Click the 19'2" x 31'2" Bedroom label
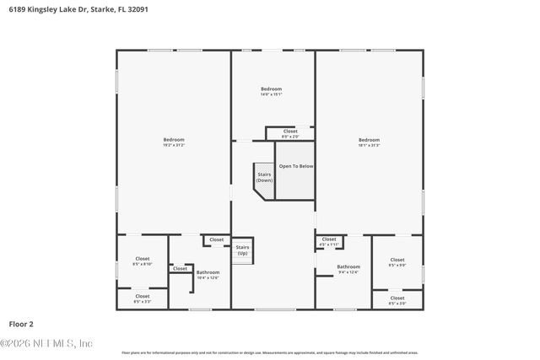(x=174, y=142)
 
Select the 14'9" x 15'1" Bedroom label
(x=271, y=91)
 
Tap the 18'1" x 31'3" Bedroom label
(x=369, y=142)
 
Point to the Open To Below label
(x=296, y=166)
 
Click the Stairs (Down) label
(x=264, y=178)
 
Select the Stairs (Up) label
(x=242, y=250)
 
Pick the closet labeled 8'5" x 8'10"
(x=142, y=261)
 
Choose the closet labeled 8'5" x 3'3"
(x=142, y=298)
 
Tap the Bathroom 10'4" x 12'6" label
(x=208, y=274)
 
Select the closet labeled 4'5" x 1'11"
(x=329, y=241)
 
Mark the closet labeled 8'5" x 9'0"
(x=397, y=261)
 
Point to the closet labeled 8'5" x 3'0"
(x=397, y=299)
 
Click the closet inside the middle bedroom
(x=289, y=133)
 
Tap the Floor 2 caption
(x=22, y=324)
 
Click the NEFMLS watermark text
(x=46, y=343)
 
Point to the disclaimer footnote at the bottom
(x=269, y=352)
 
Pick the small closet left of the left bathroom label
(x=180, y=269)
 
